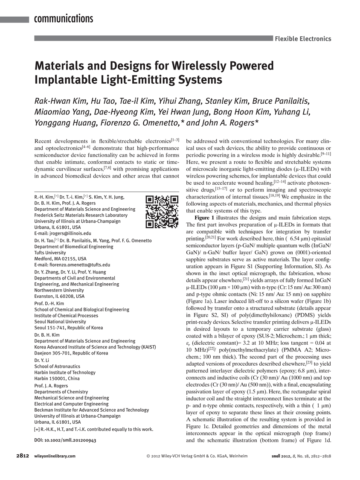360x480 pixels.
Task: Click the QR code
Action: click(x=162, y=211)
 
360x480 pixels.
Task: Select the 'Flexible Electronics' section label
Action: click(x=303, y=38)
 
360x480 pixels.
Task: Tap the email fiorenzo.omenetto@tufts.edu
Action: click(x=81, y=265)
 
